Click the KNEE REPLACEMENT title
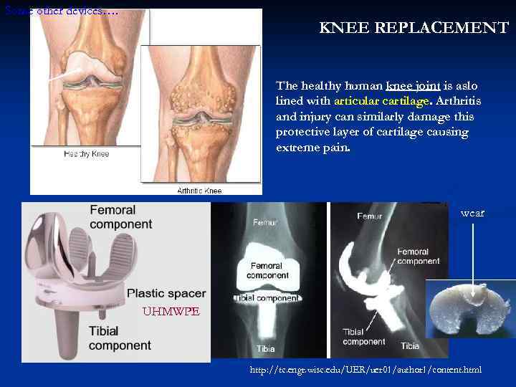(x=414, y=29)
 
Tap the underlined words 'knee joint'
(x=413, y=86)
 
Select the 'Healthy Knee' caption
(x=86, y=153)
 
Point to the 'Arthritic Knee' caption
(x=199, y=190)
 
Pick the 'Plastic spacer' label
(x=166, y=293)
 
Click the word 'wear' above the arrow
(x=472, y=214)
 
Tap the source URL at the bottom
(x=365, y=370)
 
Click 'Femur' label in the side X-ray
(x=369, y=216)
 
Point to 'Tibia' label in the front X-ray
(x=266, y=348)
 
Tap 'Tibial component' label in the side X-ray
(x=363, y=337)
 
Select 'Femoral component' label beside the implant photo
(x=120, y=216)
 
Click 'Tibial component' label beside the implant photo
(x=120, y=338)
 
